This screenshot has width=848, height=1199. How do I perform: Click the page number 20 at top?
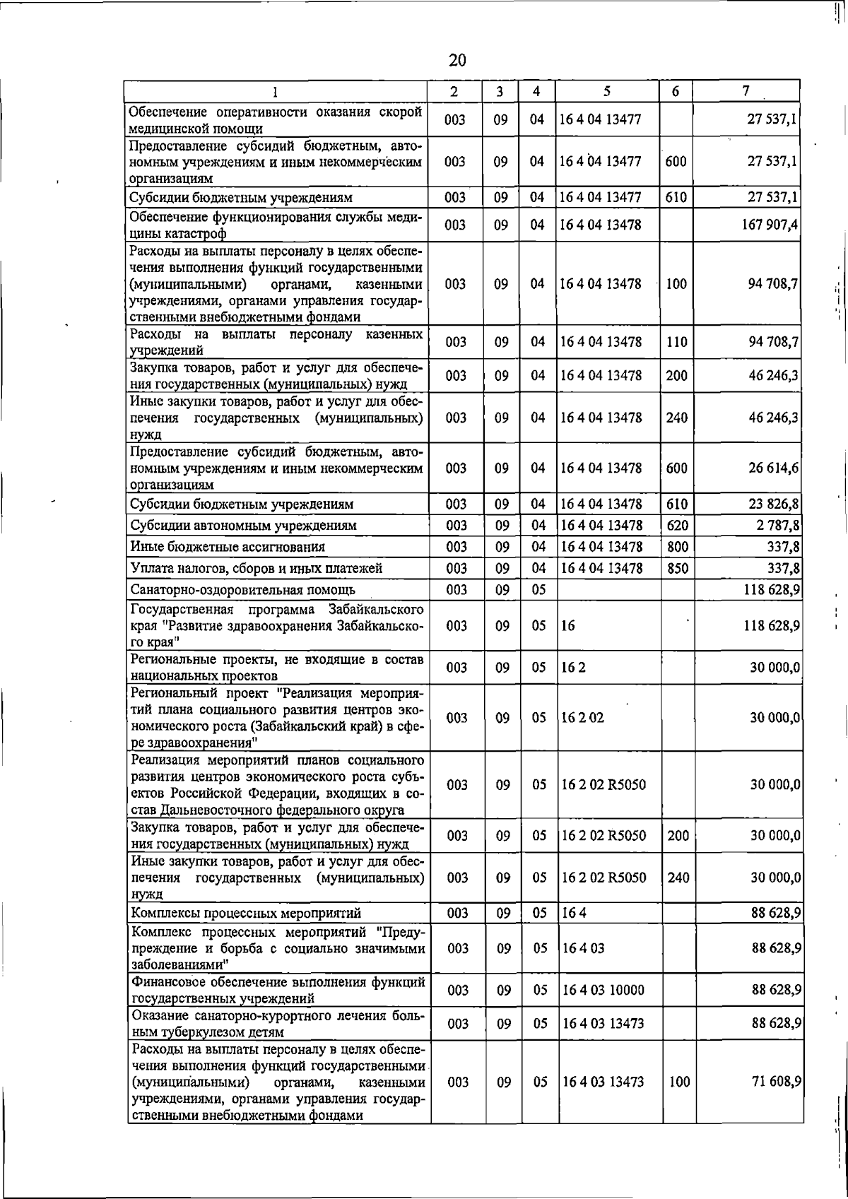click(457, 60)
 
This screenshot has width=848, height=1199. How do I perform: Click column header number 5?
click(607, 92)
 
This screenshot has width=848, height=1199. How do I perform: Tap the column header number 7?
click(746, 91)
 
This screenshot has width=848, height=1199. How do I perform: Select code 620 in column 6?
click(677, 526)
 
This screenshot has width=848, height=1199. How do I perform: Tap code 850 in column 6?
click(677, 568)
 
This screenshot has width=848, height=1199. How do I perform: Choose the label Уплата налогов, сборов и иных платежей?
click(257, 568)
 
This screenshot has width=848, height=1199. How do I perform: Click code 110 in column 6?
click(676, 342)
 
